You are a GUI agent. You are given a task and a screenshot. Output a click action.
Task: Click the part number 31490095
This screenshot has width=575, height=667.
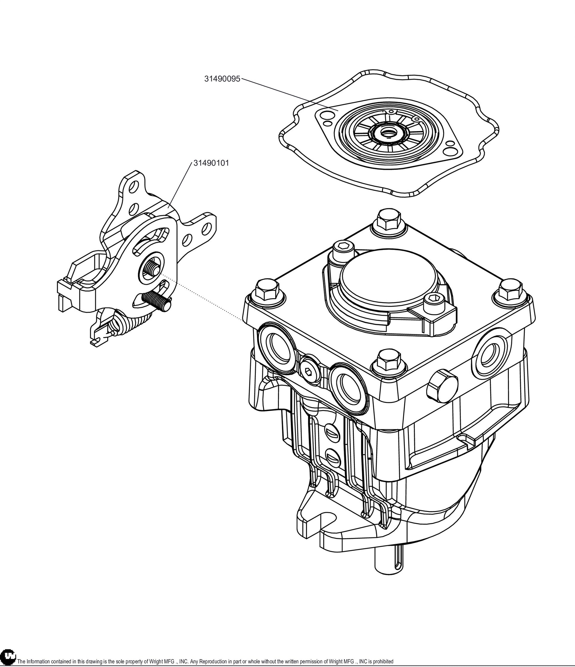coord(222,79)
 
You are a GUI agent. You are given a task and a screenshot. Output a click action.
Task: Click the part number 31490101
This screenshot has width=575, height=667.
coord(211,163)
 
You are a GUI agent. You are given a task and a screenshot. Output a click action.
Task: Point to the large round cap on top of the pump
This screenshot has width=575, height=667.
coord(377,276)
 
